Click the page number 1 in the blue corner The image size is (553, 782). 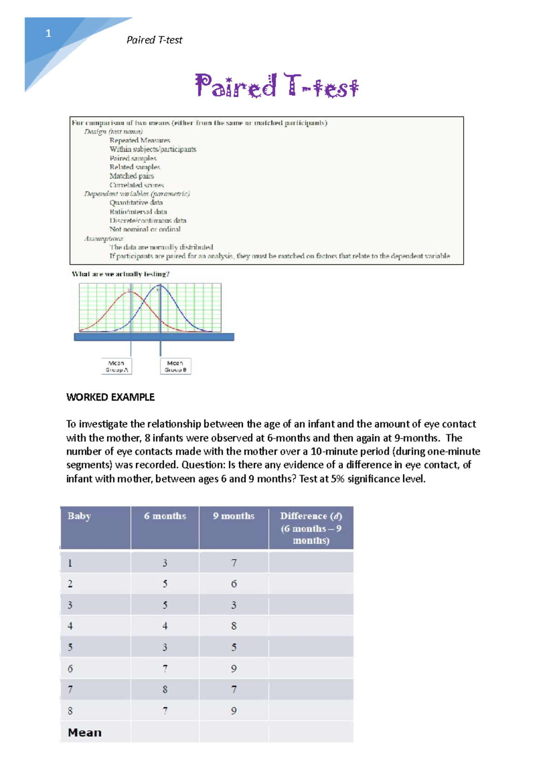pyautogui.click(x=48, y=33)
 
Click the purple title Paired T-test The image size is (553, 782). pyautogui.click(x=276, y=86)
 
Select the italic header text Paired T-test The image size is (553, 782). pyautogui.click(x=154, y=40)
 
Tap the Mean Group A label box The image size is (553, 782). pyautogui.click(x=117, y=366)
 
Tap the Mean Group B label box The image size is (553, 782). pyautogui.click(x=176, y=366)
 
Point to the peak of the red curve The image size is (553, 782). pyautogui.click(x=131, y=292)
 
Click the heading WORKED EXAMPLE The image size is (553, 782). pyautogui.click(x=110, y=397)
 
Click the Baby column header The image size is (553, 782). pyautogui.click(x=79, y=516)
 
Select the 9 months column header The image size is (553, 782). pyautogui.click(x=234, y=516)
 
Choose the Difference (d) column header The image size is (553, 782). pyautogui.click(x=311, y=528)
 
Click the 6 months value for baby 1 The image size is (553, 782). pyautogui.click(x=165, y=563)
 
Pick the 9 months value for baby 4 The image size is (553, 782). pyautogui.click(x=234, y=626)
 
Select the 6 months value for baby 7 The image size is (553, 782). pyautogui.click(x=165, y=689)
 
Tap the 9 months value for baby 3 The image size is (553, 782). pyautogui.click(x=234, y=605)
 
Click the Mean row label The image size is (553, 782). pyautogui.click(x=85, y=732)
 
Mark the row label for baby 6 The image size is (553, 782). pyautogui.click(x=70, y=668)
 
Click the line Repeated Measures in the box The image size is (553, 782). pyautogui.click(x=140, y=140)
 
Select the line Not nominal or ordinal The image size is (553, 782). pyautogui.click(x=145, y=229)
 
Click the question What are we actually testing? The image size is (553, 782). pyautogui.click(x=121, y=274)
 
